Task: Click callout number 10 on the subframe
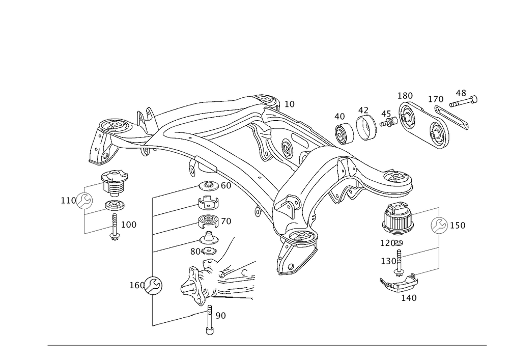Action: point(289,104)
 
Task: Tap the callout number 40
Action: point(340,117)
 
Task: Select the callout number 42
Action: point(362,109)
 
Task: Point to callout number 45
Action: point(386,114)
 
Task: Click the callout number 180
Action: point(406,96)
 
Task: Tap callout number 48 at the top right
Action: point(461,93)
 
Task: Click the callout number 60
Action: point(225,186)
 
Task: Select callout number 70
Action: point(225,221)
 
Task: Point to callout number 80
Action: point(195,251)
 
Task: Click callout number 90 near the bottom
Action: point(220,316)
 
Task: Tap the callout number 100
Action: point(129,224)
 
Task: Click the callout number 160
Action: point(137,285)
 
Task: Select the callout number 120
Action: point(389,244)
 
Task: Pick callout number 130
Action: point(389,261)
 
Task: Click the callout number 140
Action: point(409,298)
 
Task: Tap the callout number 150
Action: point(458,225)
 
